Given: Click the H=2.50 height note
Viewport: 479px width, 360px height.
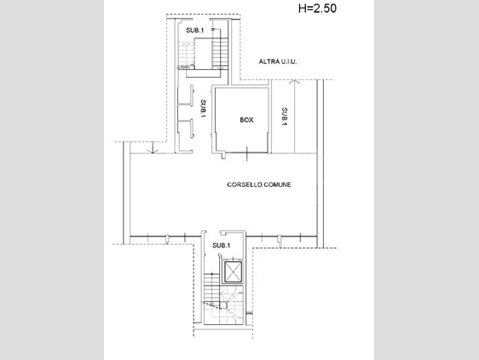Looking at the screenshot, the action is click(x=317, y=9).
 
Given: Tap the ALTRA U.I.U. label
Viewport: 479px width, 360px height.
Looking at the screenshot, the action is click(x=278, y=61).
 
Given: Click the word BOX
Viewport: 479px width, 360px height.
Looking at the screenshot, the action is click(x=246, y=120).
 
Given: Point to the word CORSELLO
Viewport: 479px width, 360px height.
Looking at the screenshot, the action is click(x=245, y=184).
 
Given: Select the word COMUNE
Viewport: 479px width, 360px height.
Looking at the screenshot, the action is click(x=277, y=184).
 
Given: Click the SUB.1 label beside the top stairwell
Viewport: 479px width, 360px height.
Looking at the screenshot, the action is click(x=195, y=30).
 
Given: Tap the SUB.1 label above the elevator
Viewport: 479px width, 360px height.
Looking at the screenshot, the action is click(x=222, y=246).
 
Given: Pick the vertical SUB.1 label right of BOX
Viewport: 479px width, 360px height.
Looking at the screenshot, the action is click(x=285, y=116).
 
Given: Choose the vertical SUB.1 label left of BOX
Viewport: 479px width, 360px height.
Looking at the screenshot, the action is click(x=203, y=108).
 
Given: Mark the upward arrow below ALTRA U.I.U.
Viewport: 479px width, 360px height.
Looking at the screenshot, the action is click(x=294, y=116).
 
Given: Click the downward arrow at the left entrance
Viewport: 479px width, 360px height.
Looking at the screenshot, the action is click(x=152, y=148).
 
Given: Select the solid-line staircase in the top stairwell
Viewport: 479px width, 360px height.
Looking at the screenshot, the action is click(x=220, y=53).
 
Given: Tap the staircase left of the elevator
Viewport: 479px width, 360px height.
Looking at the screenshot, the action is click(x=211, y=287).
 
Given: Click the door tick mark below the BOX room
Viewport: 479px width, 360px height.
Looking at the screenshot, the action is click(x=247, y=154).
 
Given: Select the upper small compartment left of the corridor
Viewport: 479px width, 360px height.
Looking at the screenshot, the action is click(x=185, y=96).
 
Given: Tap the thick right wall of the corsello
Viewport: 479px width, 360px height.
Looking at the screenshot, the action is click(x=320, y=163).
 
